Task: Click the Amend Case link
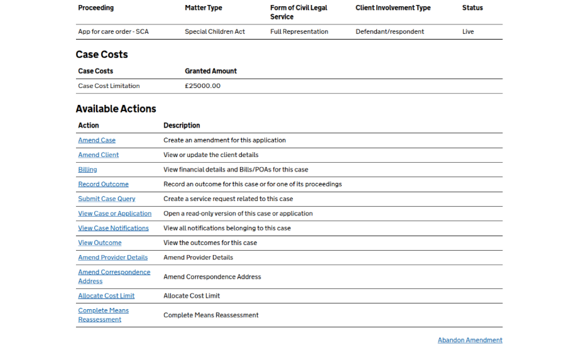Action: tap(97, 140)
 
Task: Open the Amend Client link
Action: tap(98, 155)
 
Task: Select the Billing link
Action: tap(87, 169)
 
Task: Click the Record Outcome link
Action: tap(103, 184)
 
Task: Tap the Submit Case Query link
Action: tap(106, 199)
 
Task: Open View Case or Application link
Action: tap(114, 213)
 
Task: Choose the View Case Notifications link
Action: tap(113, 228)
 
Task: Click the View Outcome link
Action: tap(99, 243)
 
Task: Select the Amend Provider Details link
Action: tap(112, 257)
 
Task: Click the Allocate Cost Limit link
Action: tap(106, 295)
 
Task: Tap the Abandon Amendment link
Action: tap(470, 340)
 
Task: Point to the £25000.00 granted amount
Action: tap(202, 86)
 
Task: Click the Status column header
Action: tap(472, 8)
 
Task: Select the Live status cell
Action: tap(468, 31)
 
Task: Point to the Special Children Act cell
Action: tap(215, 31)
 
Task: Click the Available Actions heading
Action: tap(116, 109)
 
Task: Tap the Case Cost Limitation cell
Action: tap(109, 86)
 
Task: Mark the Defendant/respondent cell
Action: tap(389, 31)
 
